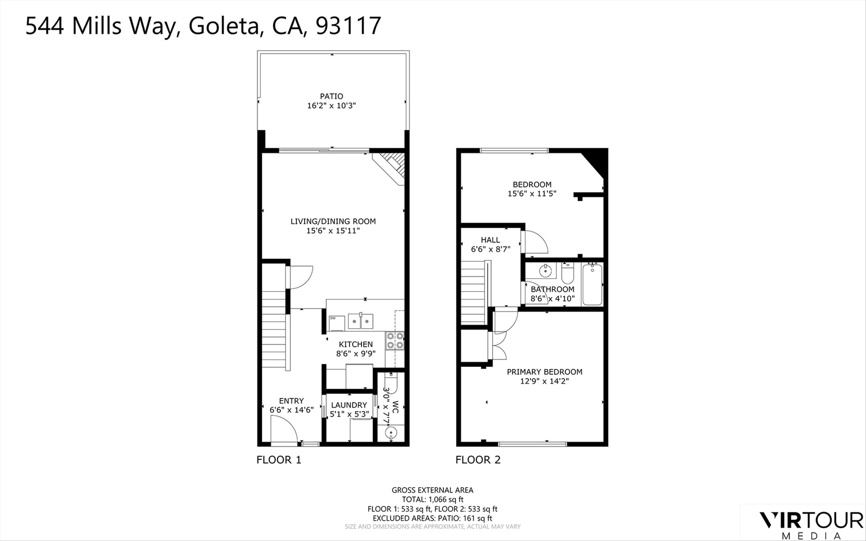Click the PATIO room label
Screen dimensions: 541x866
pos(331,96)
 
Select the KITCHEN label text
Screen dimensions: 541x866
pos(356,344)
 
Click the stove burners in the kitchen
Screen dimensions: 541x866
pos(395,341)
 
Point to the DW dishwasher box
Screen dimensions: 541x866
pos(336,323)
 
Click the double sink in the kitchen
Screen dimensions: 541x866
pos(361,321)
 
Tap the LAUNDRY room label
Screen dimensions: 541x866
pos(349,405)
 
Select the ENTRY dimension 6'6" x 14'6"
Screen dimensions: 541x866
pos(291,410)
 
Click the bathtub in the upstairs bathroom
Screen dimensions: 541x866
pos(592,284)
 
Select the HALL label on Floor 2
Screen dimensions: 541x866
pos(490,240)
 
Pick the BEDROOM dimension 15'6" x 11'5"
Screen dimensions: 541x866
pos(532,194)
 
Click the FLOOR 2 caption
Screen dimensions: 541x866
pos(478,460)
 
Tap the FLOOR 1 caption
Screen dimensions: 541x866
pos(279,460)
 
